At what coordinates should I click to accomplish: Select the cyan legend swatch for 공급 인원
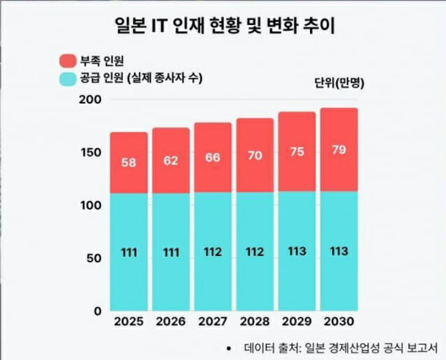68,78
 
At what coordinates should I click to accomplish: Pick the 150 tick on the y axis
92,152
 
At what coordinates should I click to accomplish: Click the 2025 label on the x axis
128,322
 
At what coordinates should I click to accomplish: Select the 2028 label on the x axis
255,322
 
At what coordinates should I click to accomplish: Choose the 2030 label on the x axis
339,322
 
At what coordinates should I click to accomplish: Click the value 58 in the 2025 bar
128,163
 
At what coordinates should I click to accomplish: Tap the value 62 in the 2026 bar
171,160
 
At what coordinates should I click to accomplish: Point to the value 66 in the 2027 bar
213,158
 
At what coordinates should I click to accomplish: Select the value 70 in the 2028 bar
255,156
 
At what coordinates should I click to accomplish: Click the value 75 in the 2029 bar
297,153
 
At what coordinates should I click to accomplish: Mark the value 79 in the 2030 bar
339,150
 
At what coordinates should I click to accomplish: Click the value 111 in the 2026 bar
171,251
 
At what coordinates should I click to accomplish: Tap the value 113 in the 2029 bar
297,250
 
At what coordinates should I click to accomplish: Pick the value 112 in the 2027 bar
213,251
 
